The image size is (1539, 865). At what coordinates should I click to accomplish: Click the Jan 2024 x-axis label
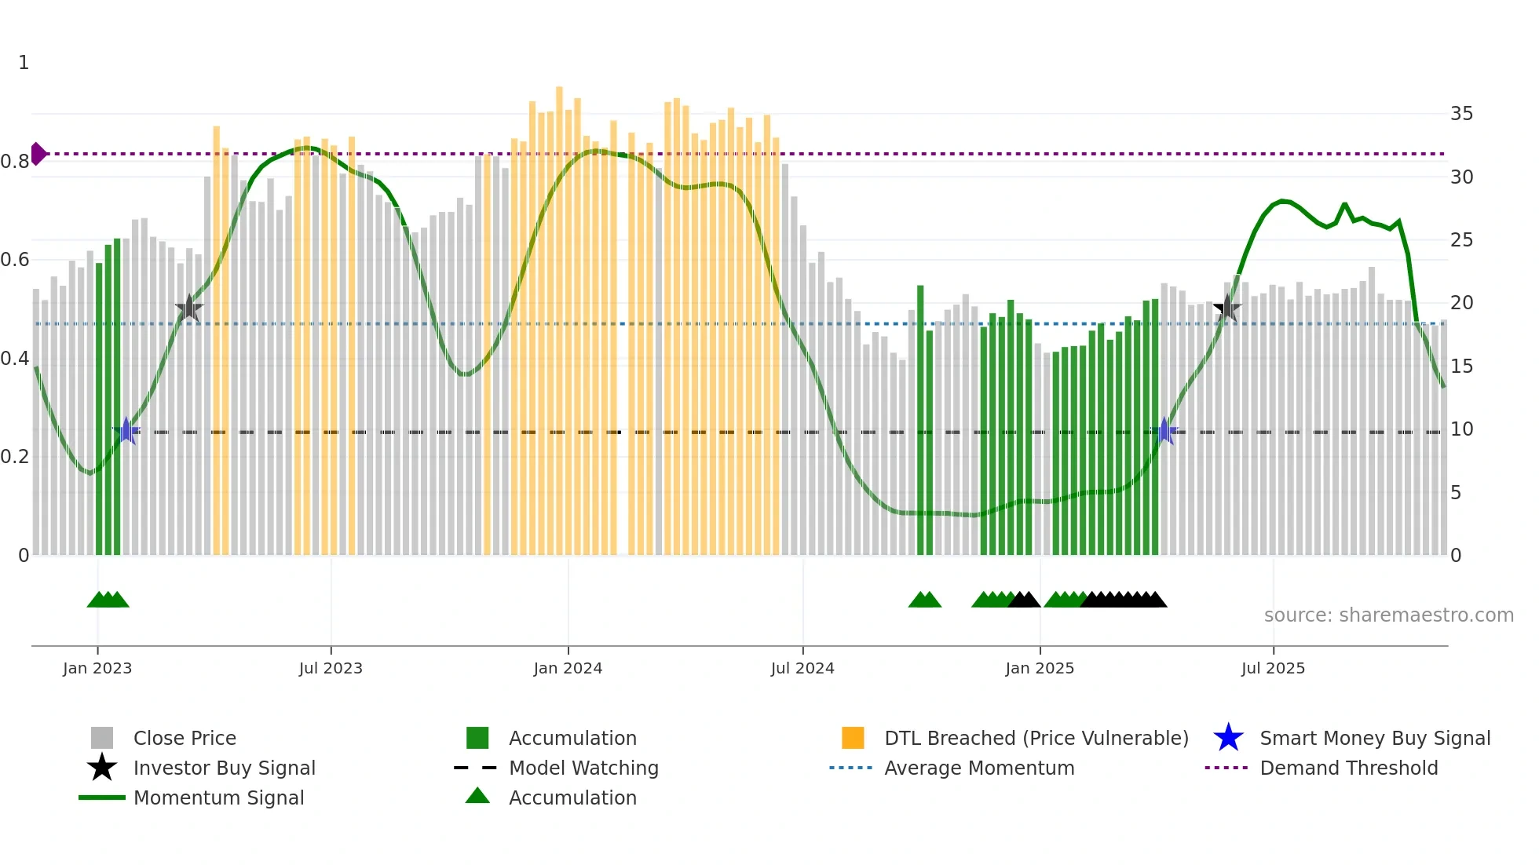(568, 668)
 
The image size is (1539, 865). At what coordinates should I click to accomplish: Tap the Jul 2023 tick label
(331, 668)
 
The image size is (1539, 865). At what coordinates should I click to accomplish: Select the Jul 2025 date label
(1273, 668)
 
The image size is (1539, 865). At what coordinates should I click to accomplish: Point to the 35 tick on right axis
(1461, 114)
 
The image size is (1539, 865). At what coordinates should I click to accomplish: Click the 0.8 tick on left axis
(15, 162)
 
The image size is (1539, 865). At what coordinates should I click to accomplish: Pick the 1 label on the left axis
(24, 63)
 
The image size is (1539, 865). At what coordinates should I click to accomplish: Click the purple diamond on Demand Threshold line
(38, 154)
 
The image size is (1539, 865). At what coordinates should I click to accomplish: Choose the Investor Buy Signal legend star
(102, 768)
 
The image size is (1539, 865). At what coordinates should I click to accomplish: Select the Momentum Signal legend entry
(218, 797)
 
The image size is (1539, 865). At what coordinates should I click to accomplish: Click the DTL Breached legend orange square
(853, 738)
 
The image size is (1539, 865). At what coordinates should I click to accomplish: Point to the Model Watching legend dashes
(476, 768)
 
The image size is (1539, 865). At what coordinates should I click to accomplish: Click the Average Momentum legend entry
(978, 768)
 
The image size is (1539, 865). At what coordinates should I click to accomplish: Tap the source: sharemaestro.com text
(1388, 615)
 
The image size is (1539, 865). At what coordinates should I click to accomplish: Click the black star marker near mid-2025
(1227, 308)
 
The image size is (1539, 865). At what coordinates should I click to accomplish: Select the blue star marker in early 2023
(126, 431)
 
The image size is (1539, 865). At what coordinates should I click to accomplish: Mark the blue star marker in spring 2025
(1164, 431)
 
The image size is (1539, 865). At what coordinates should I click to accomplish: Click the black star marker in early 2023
(189, 308)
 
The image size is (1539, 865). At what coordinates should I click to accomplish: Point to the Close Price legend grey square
(102, 738)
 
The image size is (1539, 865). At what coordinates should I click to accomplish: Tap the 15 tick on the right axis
(1461, 367)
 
